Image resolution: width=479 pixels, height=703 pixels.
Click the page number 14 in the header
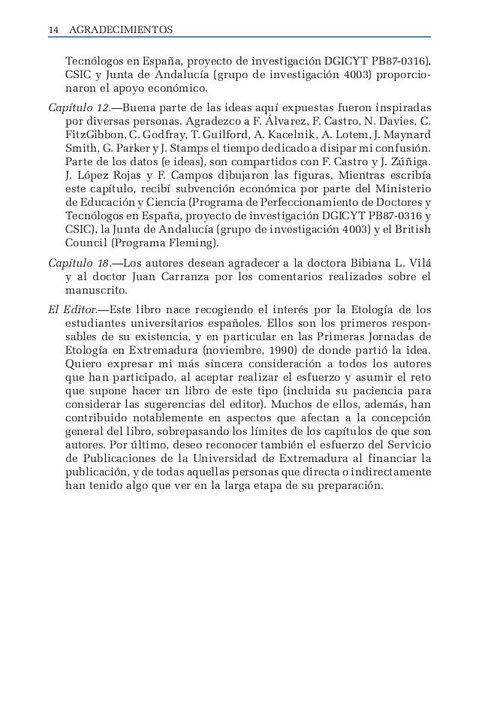click(53, 30)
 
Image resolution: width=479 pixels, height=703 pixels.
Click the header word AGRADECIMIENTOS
click(121, 30)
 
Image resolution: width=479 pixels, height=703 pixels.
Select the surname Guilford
click(239, 136)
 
